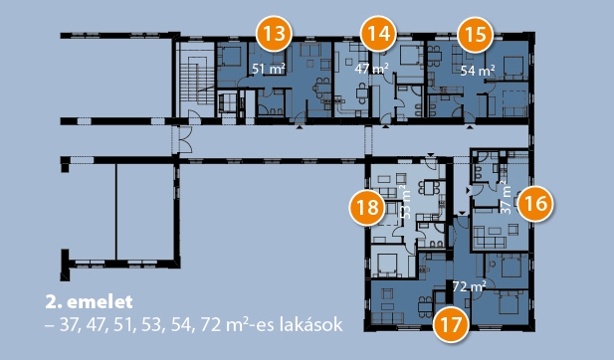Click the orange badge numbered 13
tap(274, 34)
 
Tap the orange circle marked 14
tap(379, 34)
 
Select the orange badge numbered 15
tap(476, 35)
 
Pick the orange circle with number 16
tap(535, 204)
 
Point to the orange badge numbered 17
tap(451, 325)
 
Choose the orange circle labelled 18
tap(367, 207)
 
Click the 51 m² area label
tap(268, 69)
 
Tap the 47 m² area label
tap(371, 69)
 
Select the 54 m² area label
tap(477, 71)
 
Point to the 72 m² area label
tap(469, 286)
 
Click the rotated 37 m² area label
tap(506, 197)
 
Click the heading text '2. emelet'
tap(89, 301)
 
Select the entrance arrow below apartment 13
tap(300, 126)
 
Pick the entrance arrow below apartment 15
tap(470, 126)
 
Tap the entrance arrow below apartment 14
tap(386, 126)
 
